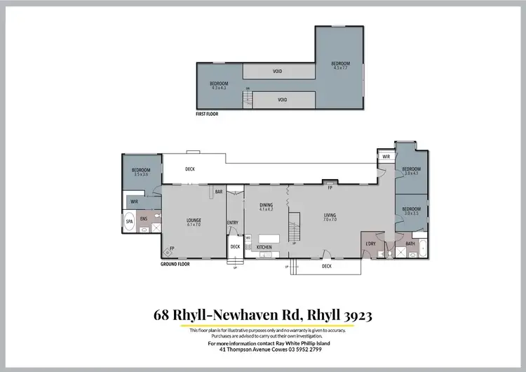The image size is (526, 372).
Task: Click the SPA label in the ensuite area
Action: [x=129, y=222]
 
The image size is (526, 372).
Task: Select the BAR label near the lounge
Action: [x=219, y=192]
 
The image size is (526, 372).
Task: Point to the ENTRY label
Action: [x=233, y=223]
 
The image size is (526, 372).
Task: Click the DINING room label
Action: [x=266, y=206]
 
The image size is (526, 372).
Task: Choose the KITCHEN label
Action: [x=264, y=248]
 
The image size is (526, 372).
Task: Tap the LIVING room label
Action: [x=330, y=217]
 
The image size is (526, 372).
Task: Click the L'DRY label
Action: [x=372, y=244]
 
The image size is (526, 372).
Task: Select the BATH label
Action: [x=410, y=244]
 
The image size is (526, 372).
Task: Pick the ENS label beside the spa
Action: [x=144, y=220]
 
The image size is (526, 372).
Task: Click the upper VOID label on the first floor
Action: [x=278, y=72]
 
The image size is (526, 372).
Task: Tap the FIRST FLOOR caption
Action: [x=208, y=113]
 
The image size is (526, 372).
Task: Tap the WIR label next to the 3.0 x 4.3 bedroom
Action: [x=386, y=157]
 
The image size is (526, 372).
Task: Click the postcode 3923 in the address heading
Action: [x=355, y=315]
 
